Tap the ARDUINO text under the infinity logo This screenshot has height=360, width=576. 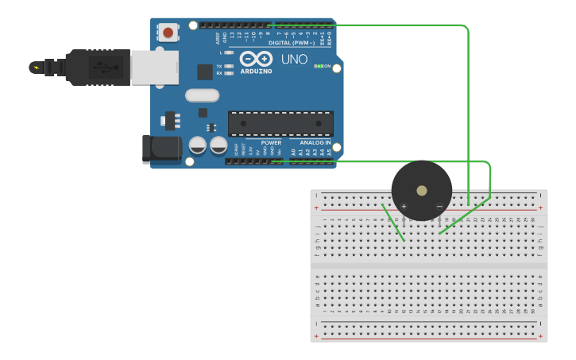coord(256,72)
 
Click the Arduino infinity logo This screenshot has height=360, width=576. coord(256,59)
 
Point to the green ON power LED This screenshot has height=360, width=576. coord(319,66)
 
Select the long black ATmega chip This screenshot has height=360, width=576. coord(280,124)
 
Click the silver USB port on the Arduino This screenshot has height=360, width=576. coord(155,67)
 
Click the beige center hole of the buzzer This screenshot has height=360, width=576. coord(422,191)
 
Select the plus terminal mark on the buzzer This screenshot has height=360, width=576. coord(404,207)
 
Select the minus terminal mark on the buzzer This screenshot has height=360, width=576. coord(439,207)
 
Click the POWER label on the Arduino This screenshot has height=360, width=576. coord(271,143)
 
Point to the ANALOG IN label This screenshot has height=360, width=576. coord(315,143)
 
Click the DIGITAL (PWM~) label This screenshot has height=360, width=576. coord(290,42)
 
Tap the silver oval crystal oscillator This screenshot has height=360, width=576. coord(202,96)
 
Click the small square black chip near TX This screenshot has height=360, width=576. coord(205,72)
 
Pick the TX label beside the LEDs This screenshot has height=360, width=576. coord(219,67)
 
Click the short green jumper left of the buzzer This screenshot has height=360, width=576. coord(393,223)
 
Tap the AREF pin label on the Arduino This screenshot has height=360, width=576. coord(215,37)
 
